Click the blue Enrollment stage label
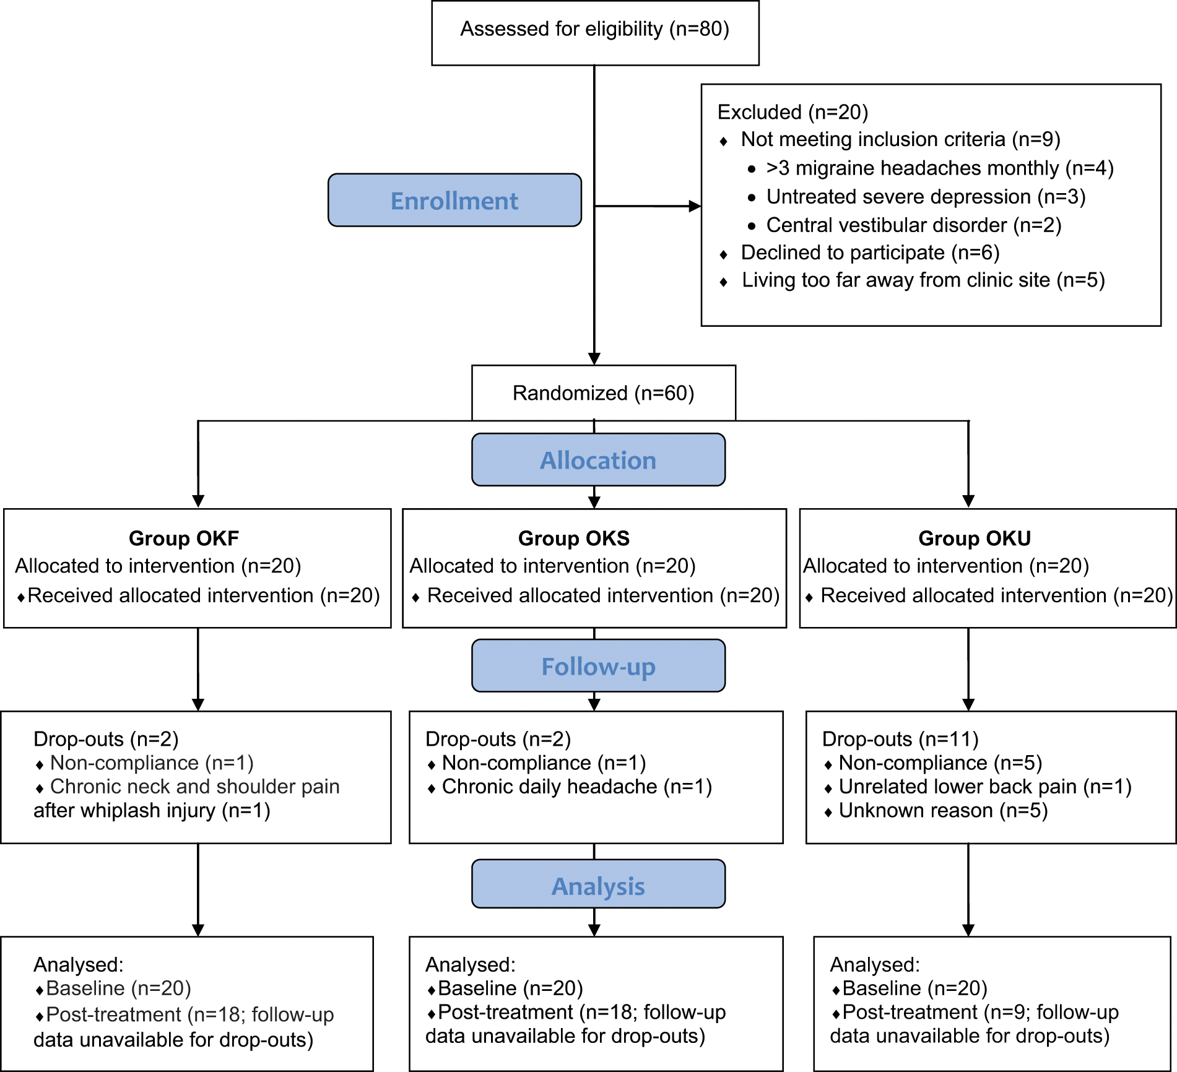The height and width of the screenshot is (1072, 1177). click(454, 200)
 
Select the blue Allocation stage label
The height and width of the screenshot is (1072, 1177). click(598, 460)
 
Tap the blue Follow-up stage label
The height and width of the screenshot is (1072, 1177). click(598, 666)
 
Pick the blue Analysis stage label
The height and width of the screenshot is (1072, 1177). click(598, 884)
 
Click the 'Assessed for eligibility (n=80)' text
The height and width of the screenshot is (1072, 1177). click(594, 29)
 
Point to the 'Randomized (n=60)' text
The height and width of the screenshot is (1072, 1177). click(604, 393)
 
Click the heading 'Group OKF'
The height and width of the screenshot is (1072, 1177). click(184, 538)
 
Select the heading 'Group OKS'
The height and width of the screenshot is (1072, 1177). click(574, 538)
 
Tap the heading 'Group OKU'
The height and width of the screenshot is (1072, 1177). click(975, 538)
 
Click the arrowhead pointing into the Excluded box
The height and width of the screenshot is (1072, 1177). click(695, 206)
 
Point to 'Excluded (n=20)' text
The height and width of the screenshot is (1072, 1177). click(793, 112)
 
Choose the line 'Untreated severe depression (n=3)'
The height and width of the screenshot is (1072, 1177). click(926, 197)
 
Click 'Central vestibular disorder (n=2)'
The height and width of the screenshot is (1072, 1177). click(914, 225)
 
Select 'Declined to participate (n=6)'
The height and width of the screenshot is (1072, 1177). click(871, 253)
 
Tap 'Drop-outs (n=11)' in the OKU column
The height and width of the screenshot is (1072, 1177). click(900, 739)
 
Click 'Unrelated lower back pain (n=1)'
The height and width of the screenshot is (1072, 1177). click(985, 787)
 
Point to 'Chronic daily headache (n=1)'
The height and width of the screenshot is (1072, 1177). click(577, 787)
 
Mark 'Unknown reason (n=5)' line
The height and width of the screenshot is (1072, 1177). click(944, 811)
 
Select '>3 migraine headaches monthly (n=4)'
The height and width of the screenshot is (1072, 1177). click(940, 168)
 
